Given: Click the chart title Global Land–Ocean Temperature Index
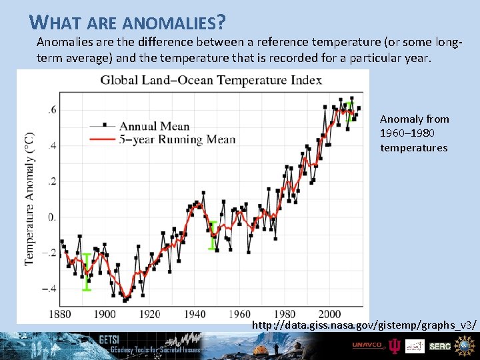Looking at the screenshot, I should pos(211,81).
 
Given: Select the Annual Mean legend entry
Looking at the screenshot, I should pos(154,125).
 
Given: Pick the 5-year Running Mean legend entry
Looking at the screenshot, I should pos(177,139).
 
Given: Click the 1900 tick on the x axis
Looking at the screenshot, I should pos(105,314).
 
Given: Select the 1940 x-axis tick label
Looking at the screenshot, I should pos(194,314).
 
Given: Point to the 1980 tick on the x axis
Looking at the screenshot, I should pos(284,314).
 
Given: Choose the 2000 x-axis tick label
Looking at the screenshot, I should pos(329,314).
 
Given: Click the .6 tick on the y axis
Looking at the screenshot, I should pos(52,110).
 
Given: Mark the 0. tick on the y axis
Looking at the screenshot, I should pos(51,217).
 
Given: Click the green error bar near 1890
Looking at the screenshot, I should pos(86,271).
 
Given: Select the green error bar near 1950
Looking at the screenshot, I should pos(213,235).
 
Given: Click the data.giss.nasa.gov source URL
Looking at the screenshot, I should pos(364,325).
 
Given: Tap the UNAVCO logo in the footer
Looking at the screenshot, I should pos(368,345).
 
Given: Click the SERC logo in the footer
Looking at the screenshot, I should pos(440,346).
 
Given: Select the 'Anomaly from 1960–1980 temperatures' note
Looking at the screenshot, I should pos(414,133).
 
